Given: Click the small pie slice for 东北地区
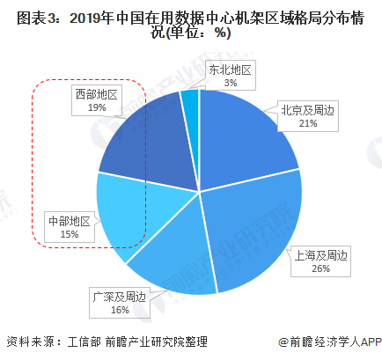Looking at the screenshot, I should (190, 106).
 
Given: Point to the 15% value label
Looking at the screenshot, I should (68, 236).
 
